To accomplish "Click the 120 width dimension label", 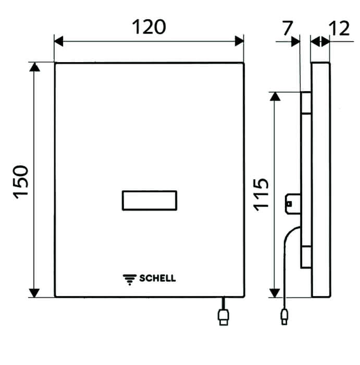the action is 149,27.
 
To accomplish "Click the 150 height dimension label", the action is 21,182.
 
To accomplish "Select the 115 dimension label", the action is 260,194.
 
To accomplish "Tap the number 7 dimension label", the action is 287,28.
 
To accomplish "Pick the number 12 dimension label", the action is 339,28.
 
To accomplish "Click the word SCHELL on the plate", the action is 157,278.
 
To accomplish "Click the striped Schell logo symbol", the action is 130,279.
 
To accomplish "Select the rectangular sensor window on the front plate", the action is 150,200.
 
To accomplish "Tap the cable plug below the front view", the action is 224,317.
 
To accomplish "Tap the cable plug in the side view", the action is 284,317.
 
